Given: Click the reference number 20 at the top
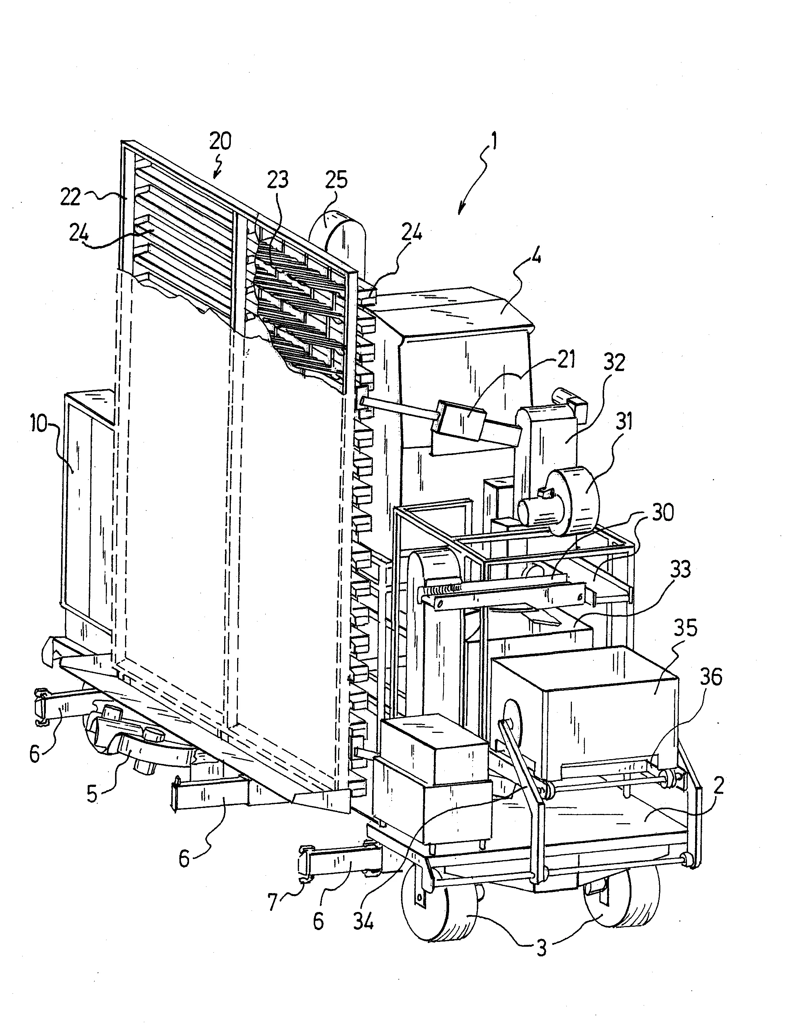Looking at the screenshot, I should tap(220, 141).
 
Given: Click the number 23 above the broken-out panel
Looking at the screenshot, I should tap(277, 180).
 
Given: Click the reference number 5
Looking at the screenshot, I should tap(92, 793).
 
